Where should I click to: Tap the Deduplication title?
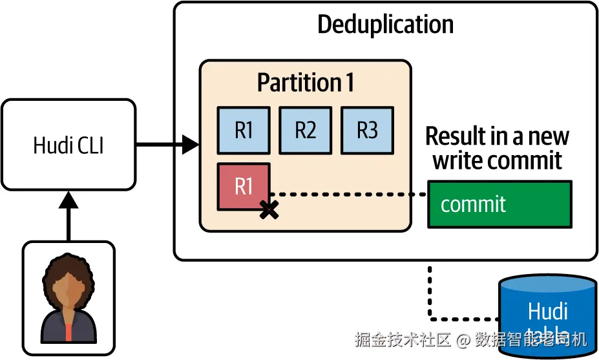click(x=385, y=25)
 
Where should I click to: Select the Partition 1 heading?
click(x=305, y=83)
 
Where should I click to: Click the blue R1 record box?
click(x=244, y=130)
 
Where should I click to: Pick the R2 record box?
click(x=305, y=130)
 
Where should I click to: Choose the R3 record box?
click(x=367, y=130)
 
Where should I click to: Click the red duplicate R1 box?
click(x=244, y=187)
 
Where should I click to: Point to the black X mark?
click(x=269, y=209)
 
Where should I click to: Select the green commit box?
click(x=499, y=204)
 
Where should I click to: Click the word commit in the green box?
click(x=473, y=204)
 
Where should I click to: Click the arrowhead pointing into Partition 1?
click(x=191, y=145)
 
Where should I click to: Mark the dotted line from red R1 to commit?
click(x=349, y=194)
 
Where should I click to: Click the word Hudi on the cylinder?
click(x=547, y=311)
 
